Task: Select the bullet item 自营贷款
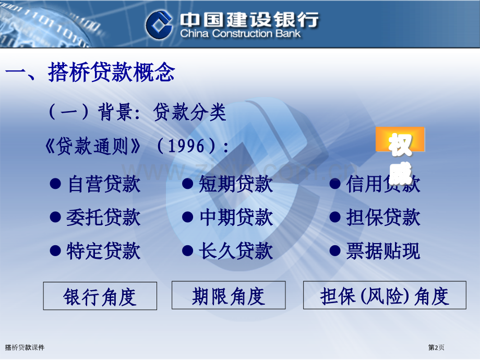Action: tap(104, 184)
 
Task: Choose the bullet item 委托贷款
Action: tap(103, 218)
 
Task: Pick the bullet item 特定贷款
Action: tap(103, 251)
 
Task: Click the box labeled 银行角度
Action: tap(100, 296)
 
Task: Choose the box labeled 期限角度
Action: tap(229, 295)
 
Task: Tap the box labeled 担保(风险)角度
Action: tap(385, 295)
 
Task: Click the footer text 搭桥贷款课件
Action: tap(25, 347)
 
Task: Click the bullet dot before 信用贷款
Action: tap(334, 184)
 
